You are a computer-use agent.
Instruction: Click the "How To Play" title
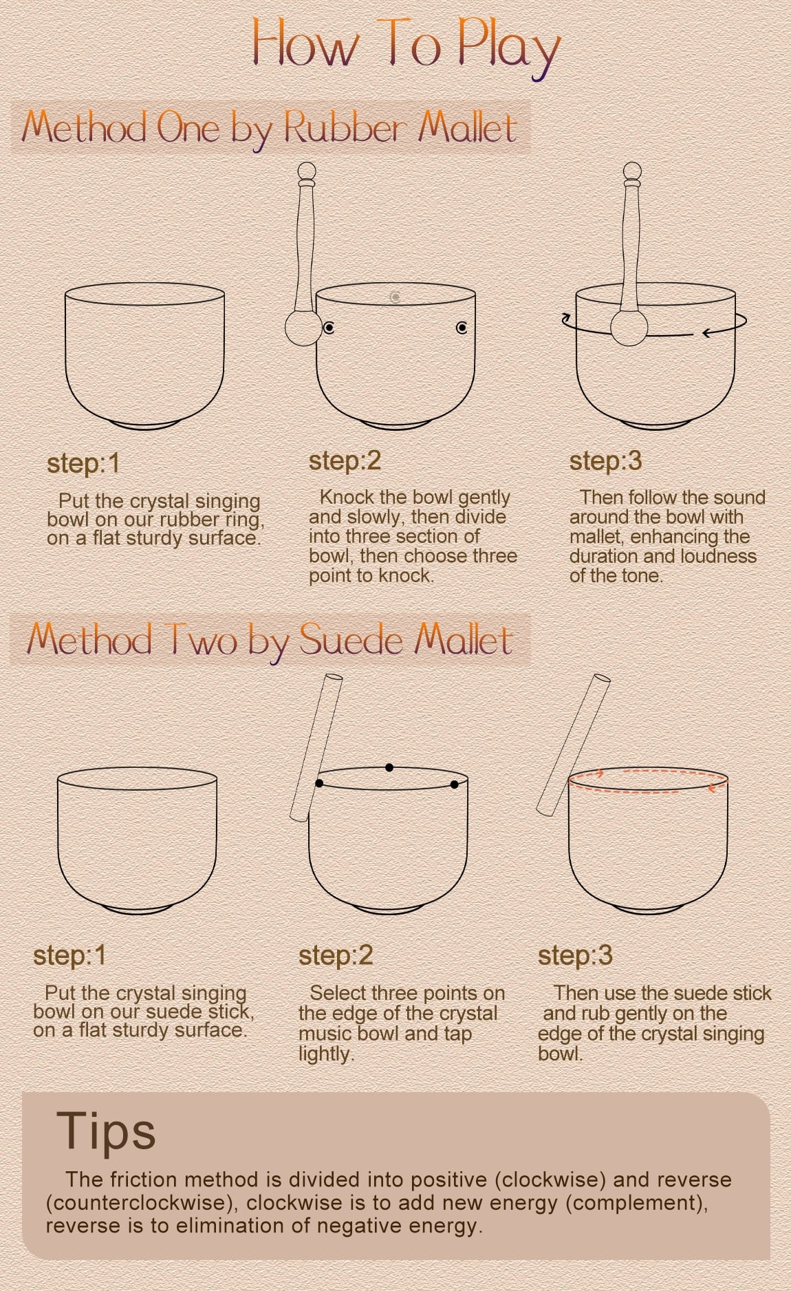coord(406,47)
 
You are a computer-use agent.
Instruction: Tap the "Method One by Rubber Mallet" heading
coord(270,128)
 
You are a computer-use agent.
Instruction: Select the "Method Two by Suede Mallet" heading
coord(270,640)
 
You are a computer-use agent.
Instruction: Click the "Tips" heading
coord(106,1131)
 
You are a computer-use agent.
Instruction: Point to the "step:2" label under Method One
coord(345,461)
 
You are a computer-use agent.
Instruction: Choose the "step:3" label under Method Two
coord(575,955)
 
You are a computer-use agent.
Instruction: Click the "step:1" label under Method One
coord(83,463)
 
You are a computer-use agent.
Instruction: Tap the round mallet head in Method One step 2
coord(303,328)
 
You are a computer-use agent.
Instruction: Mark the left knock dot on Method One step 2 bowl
coord(329,328)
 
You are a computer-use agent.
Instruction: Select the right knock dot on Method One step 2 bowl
coord(462,328)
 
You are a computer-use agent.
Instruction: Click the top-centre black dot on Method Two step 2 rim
coord(389,767)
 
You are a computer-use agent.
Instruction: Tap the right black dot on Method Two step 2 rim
coord(455,785)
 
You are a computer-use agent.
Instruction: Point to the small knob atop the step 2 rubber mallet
coord(307,171)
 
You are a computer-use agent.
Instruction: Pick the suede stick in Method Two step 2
coord(316,747)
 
